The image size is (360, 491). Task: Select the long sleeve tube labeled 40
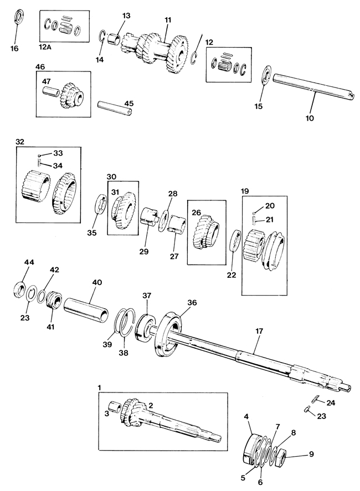(86, 309)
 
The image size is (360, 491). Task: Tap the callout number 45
(129, 104)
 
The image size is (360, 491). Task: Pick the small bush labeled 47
(51, 92)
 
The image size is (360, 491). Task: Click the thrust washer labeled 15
(266, 75)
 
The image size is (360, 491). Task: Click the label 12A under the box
(45, 46)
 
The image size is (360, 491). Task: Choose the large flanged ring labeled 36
(168, 334)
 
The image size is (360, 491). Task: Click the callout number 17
(259, 330)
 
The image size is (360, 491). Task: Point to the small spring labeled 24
(315, 400)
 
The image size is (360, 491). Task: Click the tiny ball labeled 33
(39, 156)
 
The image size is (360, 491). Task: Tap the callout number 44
(29, 262)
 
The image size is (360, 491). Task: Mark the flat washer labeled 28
(163, 221)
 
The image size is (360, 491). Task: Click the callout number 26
(196, 213)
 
